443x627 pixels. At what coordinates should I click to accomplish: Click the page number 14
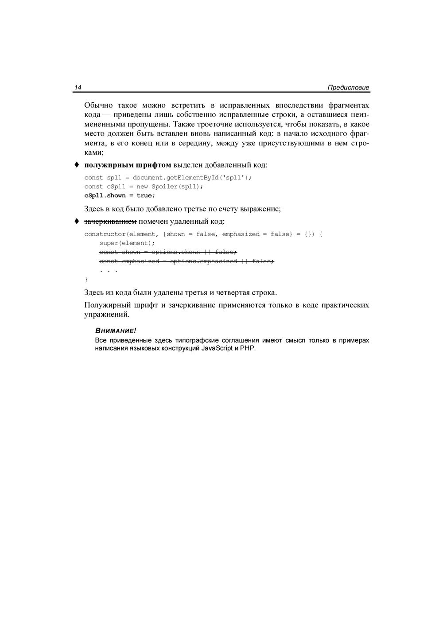tap(78, 87)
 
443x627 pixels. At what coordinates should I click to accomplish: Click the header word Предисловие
tap(348, 88)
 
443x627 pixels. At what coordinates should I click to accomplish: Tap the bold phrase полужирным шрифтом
tap(128, 165)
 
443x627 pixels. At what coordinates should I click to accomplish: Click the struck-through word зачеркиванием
tap(110, 222)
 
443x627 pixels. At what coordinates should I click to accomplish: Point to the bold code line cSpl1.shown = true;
tap(120, 195)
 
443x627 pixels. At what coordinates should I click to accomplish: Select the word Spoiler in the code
tap(164, 187)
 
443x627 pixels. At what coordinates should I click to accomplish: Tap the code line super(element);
tap(127, 243)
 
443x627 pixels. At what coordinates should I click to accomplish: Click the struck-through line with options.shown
tap(168, 252)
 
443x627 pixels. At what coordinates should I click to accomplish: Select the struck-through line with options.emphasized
tap(187, 261)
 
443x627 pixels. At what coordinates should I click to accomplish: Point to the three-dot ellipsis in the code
tap(109, 270)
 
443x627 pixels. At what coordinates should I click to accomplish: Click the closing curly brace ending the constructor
tap(86, 280)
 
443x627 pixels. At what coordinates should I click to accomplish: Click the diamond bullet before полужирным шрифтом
tap(76, 165)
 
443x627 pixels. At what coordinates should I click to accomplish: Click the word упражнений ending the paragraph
tap(107, 315)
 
